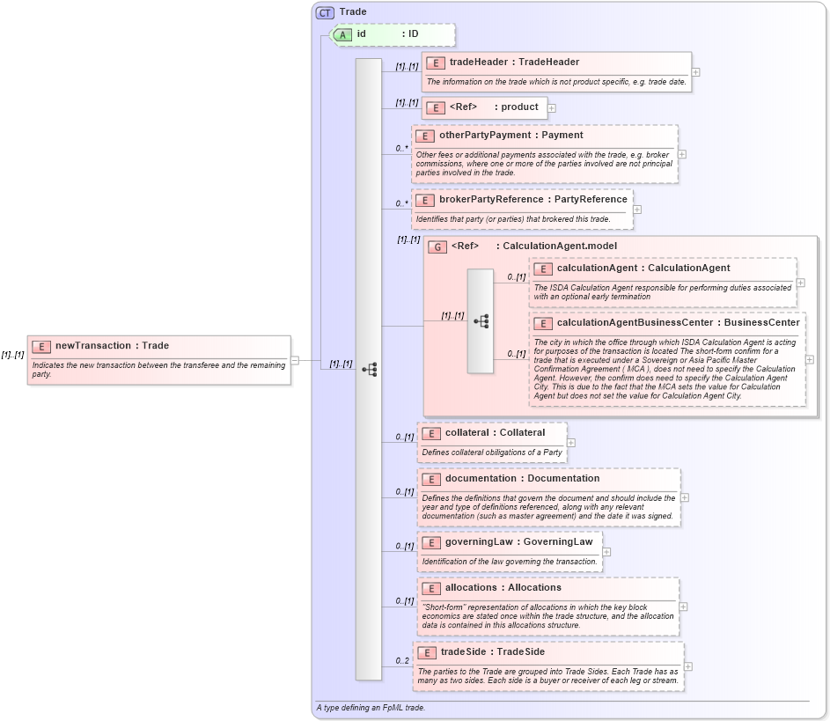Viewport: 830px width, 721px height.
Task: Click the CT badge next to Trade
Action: (x=326, y=12)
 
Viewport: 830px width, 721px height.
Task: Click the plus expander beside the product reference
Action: (x=552, y=108)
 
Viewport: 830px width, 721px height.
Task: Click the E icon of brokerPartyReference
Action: (x=424, y=200)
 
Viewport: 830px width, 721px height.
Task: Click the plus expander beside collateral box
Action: (x=571, y=443)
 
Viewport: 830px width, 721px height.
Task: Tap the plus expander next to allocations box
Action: (x=684, y=607)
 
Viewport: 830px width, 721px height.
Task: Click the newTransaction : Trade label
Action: (x=112, y=346)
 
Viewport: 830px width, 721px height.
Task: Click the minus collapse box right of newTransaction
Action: (x=295, y=359)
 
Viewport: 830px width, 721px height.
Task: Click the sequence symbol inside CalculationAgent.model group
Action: (x=481, y=321)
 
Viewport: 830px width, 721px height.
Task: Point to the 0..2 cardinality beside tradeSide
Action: (x=402, y=660)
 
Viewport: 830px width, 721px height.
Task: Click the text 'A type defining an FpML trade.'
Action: (x=371, y=708)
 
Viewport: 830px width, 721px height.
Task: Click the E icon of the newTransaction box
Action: (x=40, y=347)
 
